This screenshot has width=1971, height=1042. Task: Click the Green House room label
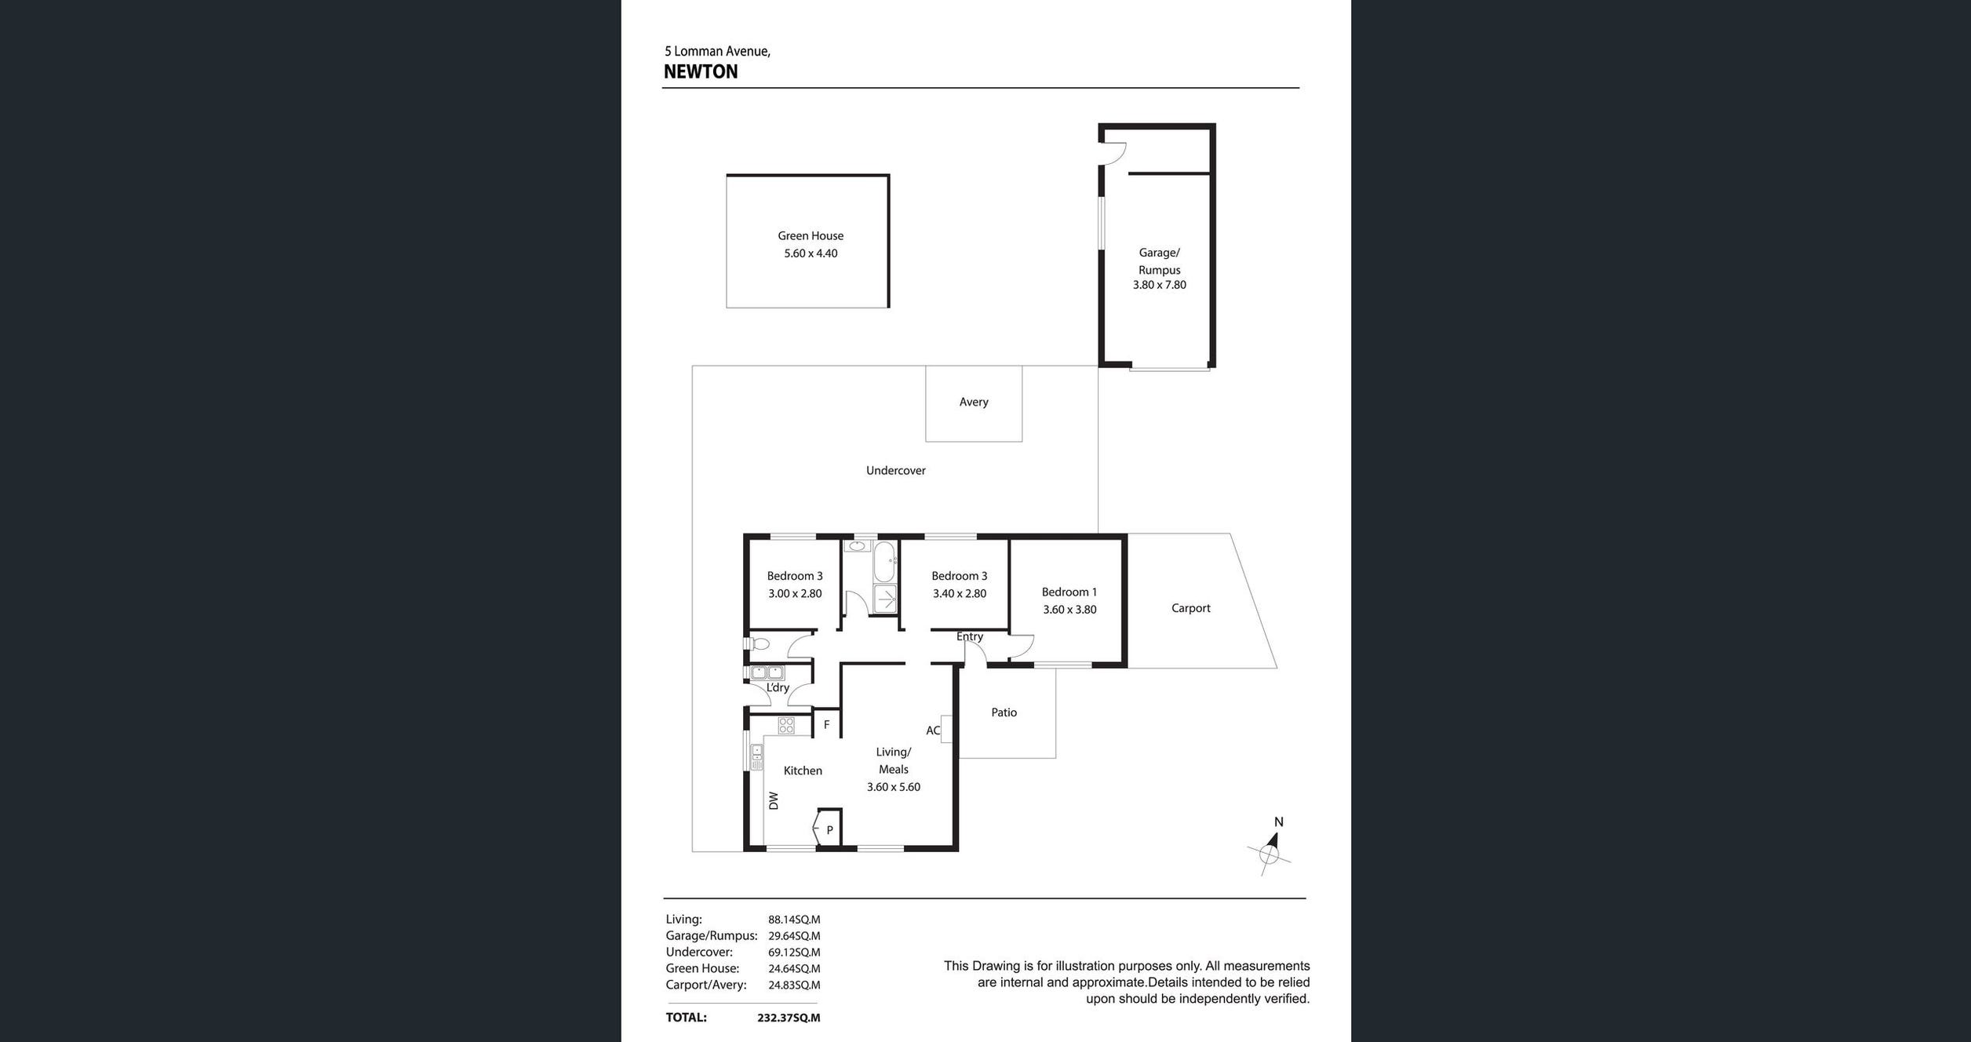click(811, 235)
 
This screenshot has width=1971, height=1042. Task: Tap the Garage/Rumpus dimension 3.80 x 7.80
click(1159, 285)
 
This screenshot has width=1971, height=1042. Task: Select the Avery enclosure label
click(974, 402)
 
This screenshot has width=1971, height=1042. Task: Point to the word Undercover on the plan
click(896, 471)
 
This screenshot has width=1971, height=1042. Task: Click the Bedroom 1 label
click(1069, 592)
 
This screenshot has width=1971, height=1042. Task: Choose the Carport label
click(1191, 608)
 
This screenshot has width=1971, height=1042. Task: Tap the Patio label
click(1004, 712)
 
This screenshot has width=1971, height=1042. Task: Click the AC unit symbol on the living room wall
click(946, 729)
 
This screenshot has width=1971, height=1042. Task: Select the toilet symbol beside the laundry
click(759, 644)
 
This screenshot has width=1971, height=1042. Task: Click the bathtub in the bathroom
click(884, 561)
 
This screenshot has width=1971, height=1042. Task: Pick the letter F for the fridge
click(826, 725)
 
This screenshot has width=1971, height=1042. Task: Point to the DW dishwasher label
click(774, 800)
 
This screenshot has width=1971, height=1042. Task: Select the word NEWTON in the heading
click(701, 72)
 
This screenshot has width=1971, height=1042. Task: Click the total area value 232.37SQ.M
click(789, 1018)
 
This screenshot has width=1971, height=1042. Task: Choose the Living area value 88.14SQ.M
click(794, 920)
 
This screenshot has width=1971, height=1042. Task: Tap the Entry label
click(970, 636)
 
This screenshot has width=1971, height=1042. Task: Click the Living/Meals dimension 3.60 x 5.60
click(894, 787)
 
